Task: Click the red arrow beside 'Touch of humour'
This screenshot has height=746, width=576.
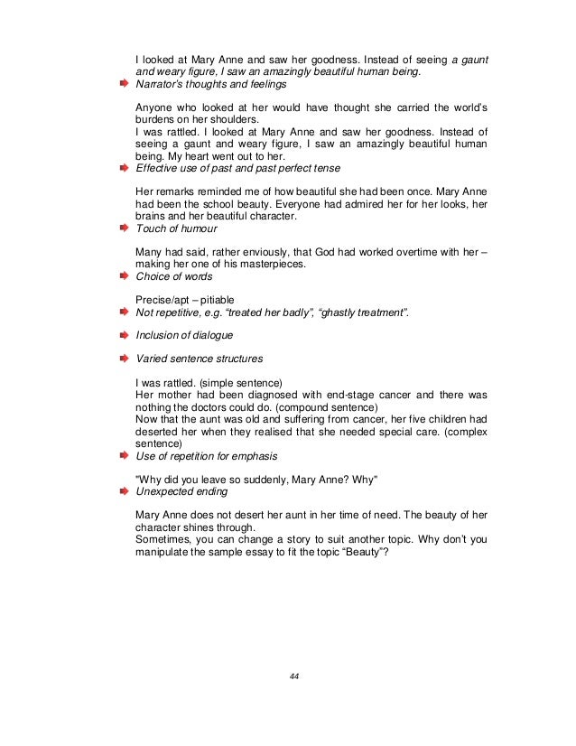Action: point(125,229)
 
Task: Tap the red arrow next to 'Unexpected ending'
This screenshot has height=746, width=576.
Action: point(125,491)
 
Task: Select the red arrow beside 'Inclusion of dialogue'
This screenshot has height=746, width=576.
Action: point(125,335)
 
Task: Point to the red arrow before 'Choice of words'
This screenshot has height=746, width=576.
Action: point(125,276)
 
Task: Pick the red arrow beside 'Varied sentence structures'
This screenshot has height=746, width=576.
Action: point(125,359)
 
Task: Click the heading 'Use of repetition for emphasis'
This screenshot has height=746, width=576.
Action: point(207,456)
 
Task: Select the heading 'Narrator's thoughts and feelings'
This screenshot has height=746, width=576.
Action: point(210,84)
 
